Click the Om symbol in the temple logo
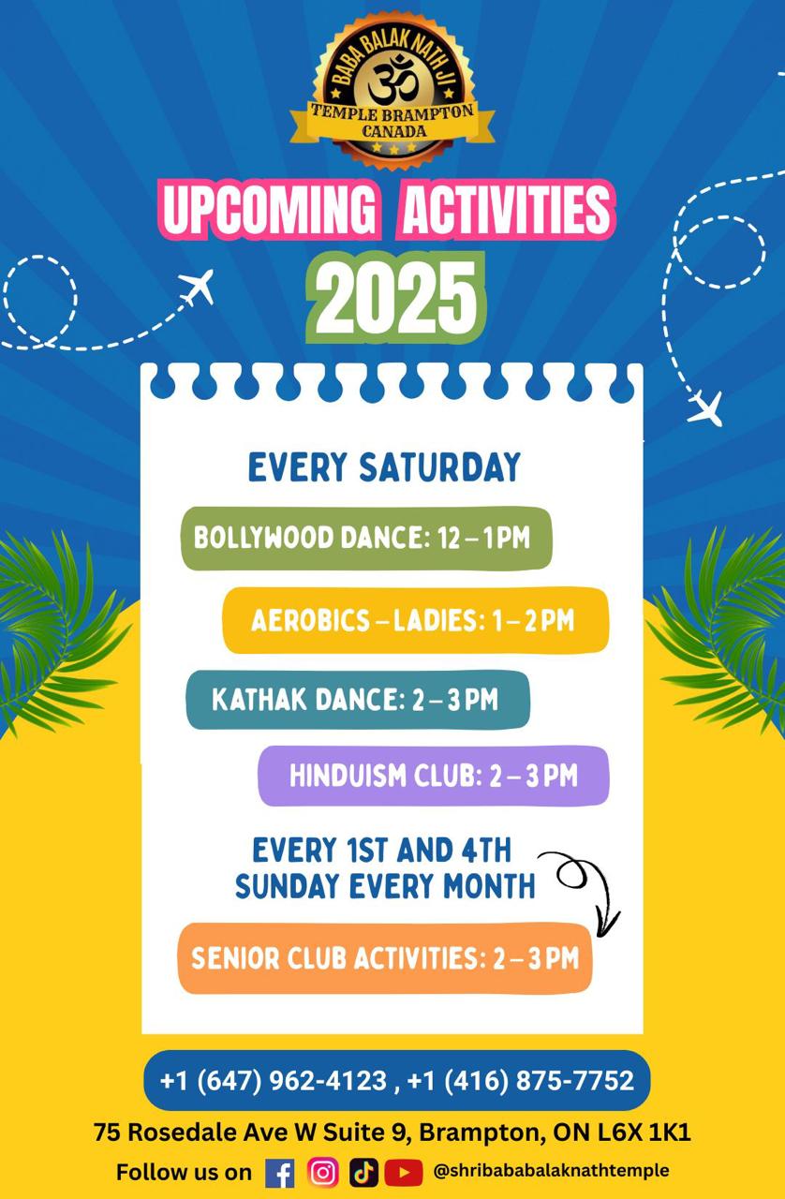pyautogui.click(x=393, y=81)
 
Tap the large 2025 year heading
pyautogui.click(x=395, y=298)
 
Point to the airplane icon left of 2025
pyautogui.click(x=197, y=286)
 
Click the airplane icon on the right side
pyautogui.click(x=705, y=407)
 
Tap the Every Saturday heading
pyautogui.click(x=384, y=467)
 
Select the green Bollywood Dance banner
pyautogui.click(x=366, y=538)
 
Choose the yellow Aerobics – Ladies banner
pyautogui.click(x=416, y=620)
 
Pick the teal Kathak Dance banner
pyautogui.click(x=358, y=700)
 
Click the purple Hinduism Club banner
pyautogui.click(x=434, y=776)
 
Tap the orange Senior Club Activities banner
pyautogui.click(x=385, y=958)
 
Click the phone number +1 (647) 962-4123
pyautogui.click(x=274, y=1080)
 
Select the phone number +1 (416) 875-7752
pyautogui.click(x=521, y=1080)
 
